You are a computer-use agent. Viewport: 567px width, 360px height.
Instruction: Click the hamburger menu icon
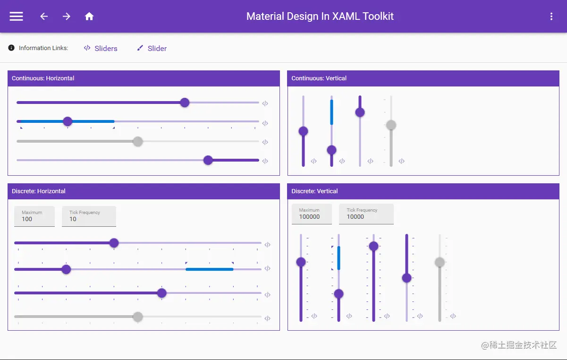pyautogui.click(x=17, y=16)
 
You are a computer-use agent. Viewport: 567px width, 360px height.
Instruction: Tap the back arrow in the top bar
pyautogui.click(x=44, y=16)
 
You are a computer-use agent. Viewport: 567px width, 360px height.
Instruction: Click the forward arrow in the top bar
pyautogui.click(x=67, y=16)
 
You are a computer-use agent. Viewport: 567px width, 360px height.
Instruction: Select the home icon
pyautogui.click(x=89, y=16)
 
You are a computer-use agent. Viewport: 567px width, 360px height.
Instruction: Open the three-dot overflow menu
pyautogui.click(x=551, y=17)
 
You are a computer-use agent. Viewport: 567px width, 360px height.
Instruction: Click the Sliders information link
pyautogui.click(x=101, y=48)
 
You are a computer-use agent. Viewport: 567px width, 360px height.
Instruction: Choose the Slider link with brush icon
pyautogui.click(x=152, y=48)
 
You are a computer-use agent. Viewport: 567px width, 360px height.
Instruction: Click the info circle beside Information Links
pyautogui.click(x=11, y=48)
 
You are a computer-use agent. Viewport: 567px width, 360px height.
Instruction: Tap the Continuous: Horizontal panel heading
pyautogui.click(x=43, y=78)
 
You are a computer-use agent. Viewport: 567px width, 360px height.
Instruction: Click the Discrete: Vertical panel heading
pyautogui.click(x=314, y=191)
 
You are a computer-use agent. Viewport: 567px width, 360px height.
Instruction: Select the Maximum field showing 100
pyautogui.click(x=34, y=216)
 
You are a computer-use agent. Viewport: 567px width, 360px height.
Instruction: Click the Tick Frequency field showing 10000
pyautogui.click(x=366, y=214)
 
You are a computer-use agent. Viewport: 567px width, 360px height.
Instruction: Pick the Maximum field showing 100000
pyautogui.click(x=312, y=214)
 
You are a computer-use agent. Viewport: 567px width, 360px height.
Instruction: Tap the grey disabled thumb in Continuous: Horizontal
pyautogui.click(x=138, y=141)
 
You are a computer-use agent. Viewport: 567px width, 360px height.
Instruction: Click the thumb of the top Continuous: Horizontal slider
pyautogui.click(x=185, y=103)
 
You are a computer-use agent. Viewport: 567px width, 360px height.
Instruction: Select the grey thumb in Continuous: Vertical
pyautogui.click(x=391, y=125)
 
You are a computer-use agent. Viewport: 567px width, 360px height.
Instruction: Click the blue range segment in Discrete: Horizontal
pyautogui.click(x=209, y=269)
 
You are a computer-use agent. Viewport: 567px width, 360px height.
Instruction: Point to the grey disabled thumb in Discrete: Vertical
pyautogui.click(x=440, y=262)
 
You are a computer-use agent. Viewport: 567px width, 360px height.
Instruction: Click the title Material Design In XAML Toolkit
pyautogui.click(x=320, y=16)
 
